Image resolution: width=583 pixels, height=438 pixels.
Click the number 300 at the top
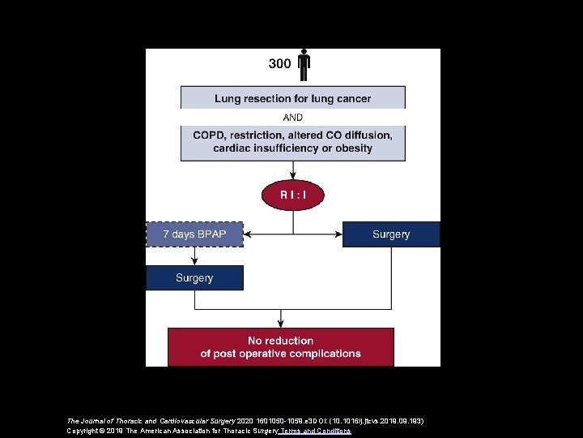[x=279, y=62]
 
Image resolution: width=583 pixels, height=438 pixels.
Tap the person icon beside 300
[x=304, y=66]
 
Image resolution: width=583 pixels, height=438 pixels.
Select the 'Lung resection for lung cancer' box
[x=292, y=98]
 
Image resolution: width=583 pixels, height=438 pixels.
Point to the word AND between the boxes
[x=292, y=118]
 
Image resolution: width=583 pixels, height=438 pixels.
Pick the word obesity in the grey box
[x=350, y=148]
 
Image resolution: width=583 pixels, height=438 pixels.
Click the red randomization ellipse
[x=292, y=195]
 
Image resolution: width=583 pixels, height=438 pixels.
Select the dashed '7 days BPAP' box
[x=194, y=234]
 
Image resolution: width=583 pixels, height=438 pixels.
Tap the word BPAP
[x=208, y=234]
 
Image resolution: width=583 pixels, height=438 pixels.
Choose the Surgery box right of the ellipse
[x=391, y=234]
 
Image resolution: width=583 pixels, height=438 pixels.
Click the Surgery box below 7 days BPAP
[x=194, y=277]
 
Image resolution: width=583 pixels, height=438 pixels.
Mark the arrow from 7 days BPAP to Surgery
[x=194, y=255]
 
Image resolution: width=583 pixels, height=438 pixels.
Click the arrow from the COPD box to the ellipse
[x=292, y=170]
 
